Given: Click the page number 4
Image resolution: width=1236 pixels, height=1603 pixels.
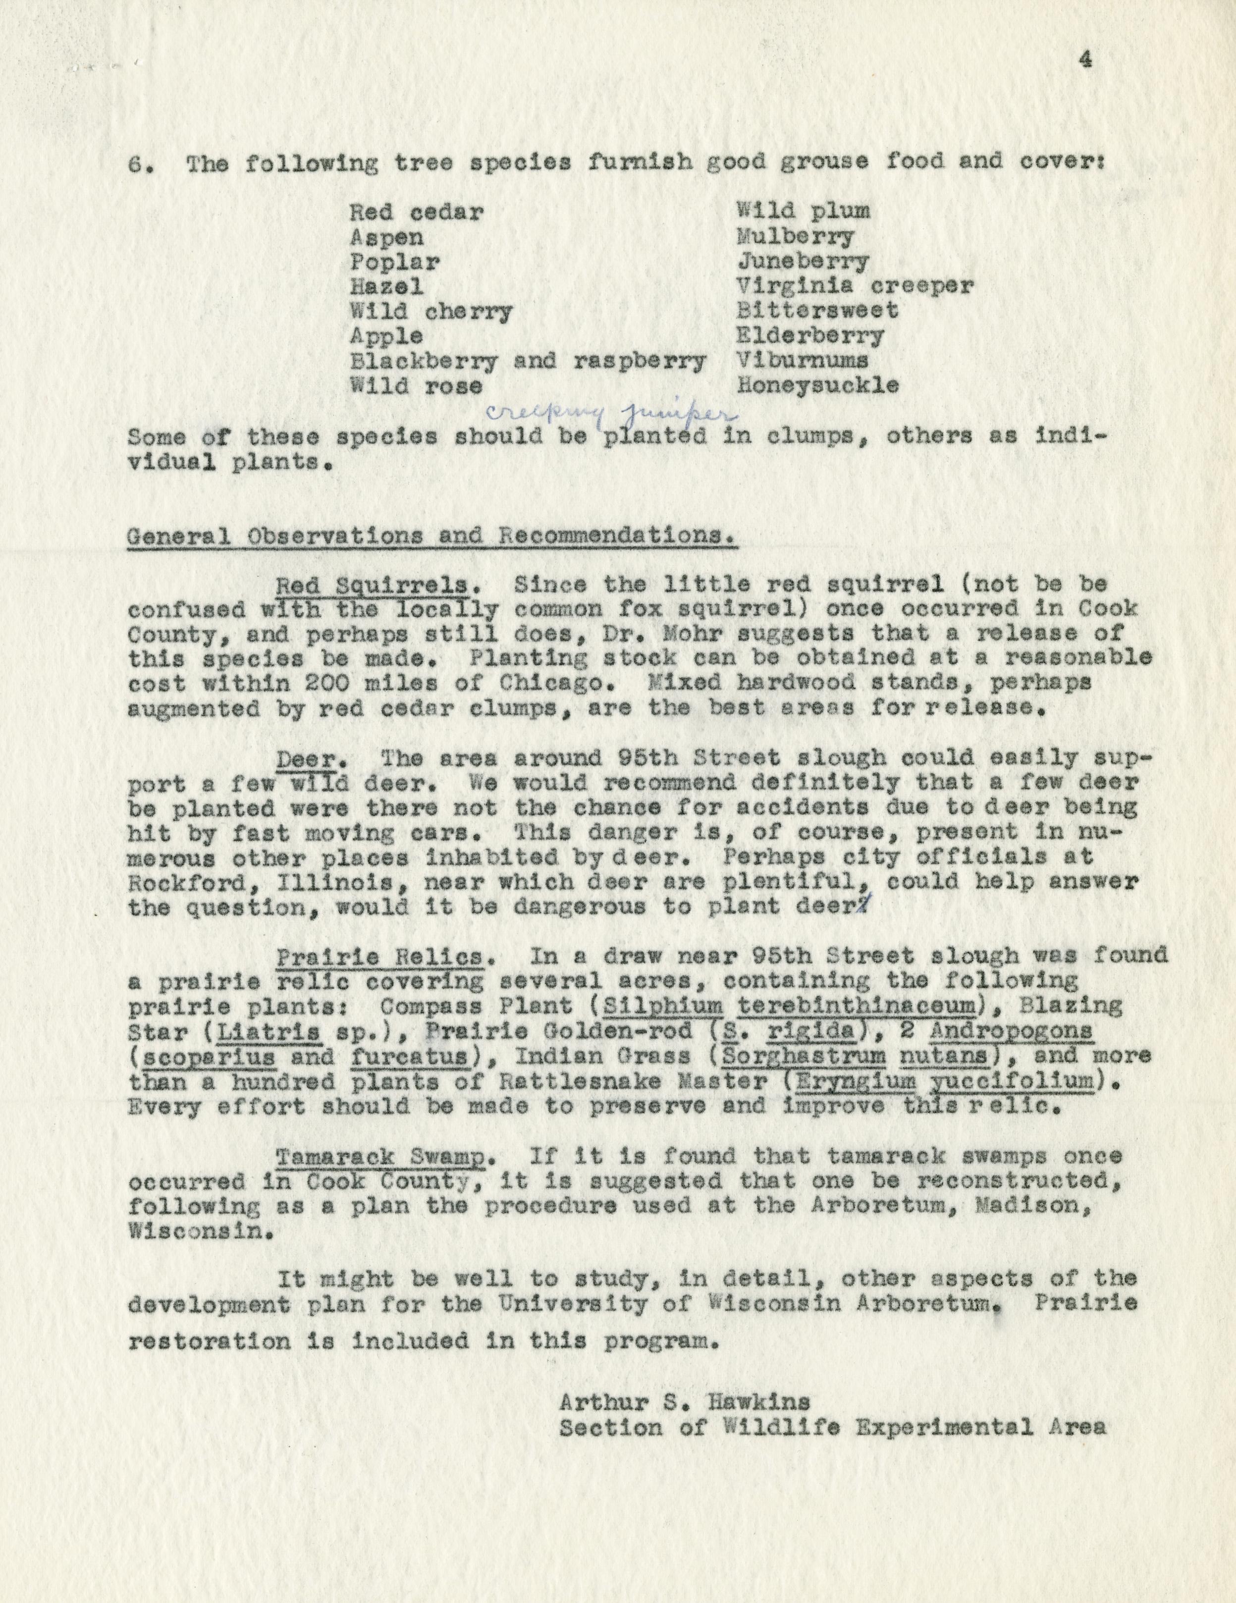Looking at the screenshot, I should [x=1085, y=60].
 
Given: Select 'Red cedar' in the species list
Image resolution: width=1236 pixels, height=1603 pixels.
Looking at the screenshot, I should [x=416, y=213].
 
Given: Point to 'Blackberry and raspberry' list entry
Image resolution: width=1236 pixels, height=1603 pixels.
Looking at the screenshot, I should [x=528, y=361].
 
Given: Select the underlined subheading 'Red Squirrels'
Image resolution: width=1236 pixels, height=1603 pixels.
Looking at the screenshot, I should [x=372, y=585].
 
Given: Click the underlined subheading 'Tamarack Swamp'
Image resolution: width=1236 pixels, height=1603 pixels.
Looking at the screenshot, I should [x=379, y=1157].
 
